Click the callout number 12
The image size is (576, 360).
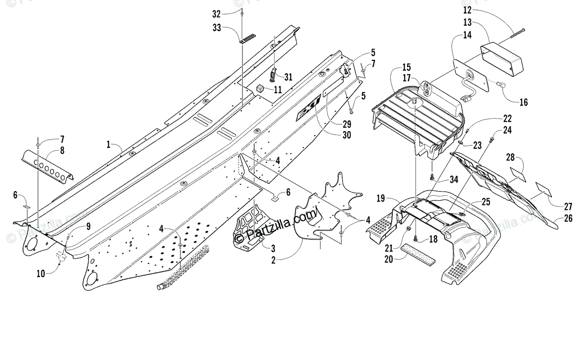point(467,10)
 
